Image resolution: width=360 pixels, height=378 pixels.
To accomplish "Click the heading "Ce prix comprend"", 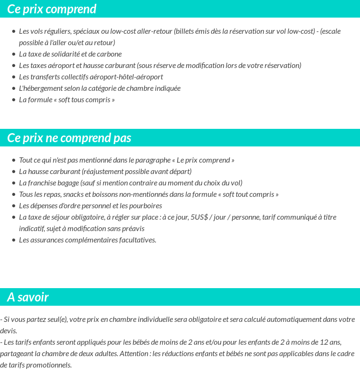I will click(52, 9).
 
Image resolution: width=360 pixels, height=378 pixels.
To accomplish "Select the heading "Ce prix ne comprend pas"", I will click(69, 138).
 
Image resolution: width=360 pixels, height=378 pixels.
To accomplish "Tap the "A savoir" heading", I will click(28, 297).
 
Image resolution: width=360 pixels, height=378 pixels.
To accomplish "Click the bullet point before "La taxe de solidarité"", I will click(14, 54).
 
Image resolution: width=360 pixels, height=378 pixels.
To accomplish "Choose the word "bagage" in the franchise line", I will click(68, 183).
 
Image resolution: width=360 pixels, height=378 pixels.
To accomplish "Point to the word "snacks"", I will click(74, 194).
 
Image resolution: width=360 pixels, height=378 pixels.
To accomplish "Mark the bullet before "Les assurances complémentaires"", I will click(14, 240).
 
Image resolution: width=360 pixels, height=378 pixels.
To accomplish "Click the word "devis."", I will click(9, 331).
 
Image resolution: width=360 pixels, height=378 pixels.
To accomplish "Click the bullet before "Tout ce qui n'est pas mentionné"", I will click(14, 160).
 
